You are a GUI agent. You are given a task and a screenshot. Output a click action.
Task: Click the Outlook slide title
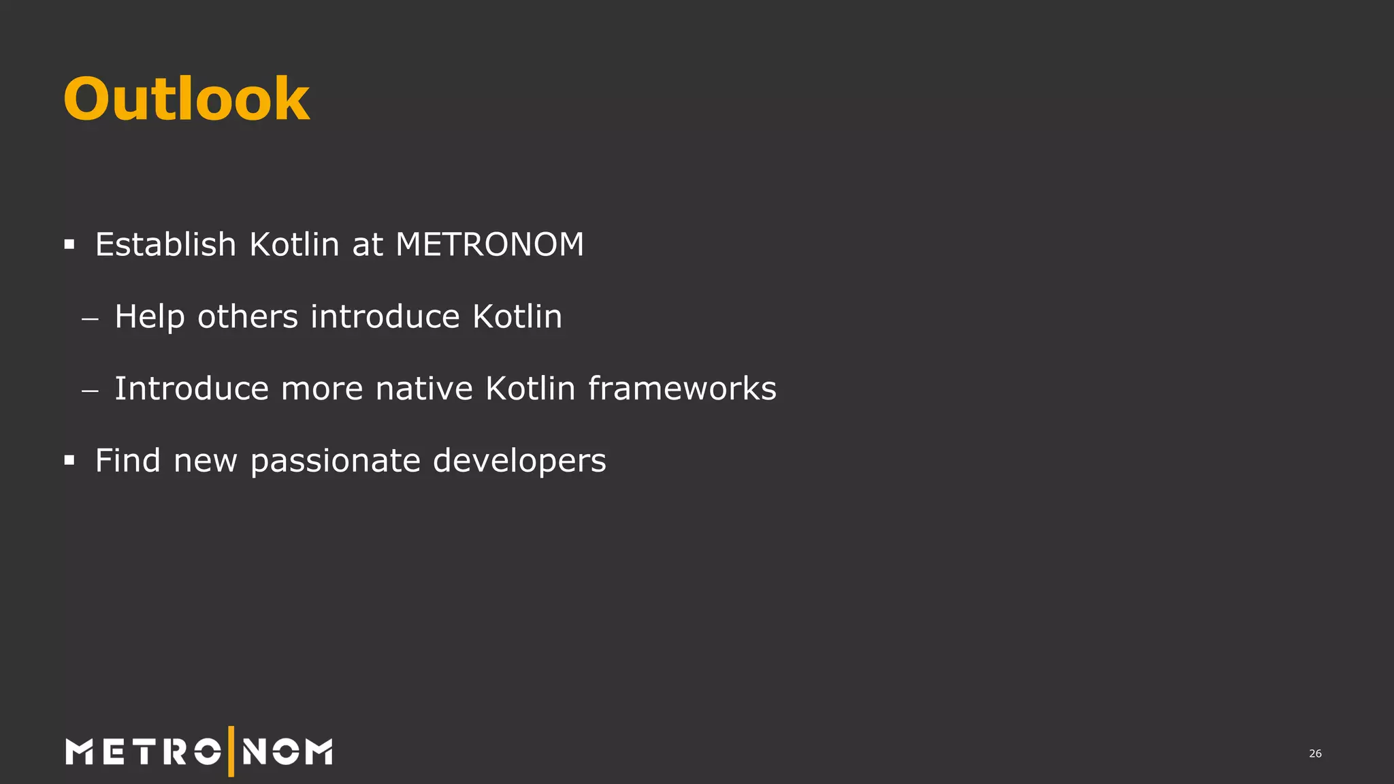[187, 99]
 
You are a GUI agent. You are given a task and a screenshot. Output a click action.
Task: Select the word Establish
[165, 244]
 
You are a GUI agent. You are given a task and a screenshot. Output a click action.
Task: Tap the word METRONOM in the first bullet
[489, 244]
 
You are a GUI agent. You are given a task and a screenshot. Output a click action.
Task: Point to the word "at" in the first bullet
[368, 245]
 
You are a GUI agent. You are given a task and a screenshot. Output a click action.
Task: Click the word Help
[149, 317]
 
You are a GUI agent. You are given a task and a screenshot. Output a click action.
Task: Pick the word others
[248, 317]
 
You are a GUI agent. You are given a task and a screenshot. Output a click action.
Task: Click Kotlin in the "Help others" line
[517, 316]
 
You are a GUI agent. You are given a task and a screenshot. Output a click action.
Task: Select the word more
[322, 389]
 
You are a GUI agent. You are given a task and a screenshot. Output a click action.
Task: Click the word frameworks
[682, 389]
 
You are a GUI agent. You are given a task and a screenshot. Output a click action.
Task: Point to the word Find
[128, 461]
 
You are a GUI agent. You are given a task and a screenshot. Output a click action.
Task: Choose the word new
[206, 462]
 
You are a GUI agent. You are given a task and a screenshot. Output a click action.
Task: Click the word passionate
[336, 461]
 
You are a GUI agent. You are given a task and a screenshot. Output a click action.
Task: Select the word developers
[519, 461]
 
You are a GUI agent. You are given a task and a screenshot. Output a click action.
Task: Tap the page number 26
[1315, 753]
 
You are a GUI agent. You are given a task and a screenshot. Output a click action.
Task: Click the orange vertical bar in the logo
[231, 751]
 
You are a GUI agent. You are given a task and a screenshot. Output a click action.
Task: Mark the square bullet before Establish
[69, 244]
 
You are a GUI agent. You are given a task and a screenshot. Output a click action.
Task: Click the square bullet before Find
[69, 461]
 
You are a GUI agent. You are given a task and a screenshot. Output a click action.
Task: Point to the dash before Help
[90, 318]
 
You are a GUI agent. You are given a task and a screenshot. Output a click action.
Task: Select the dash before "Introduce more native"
[90, 391]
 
